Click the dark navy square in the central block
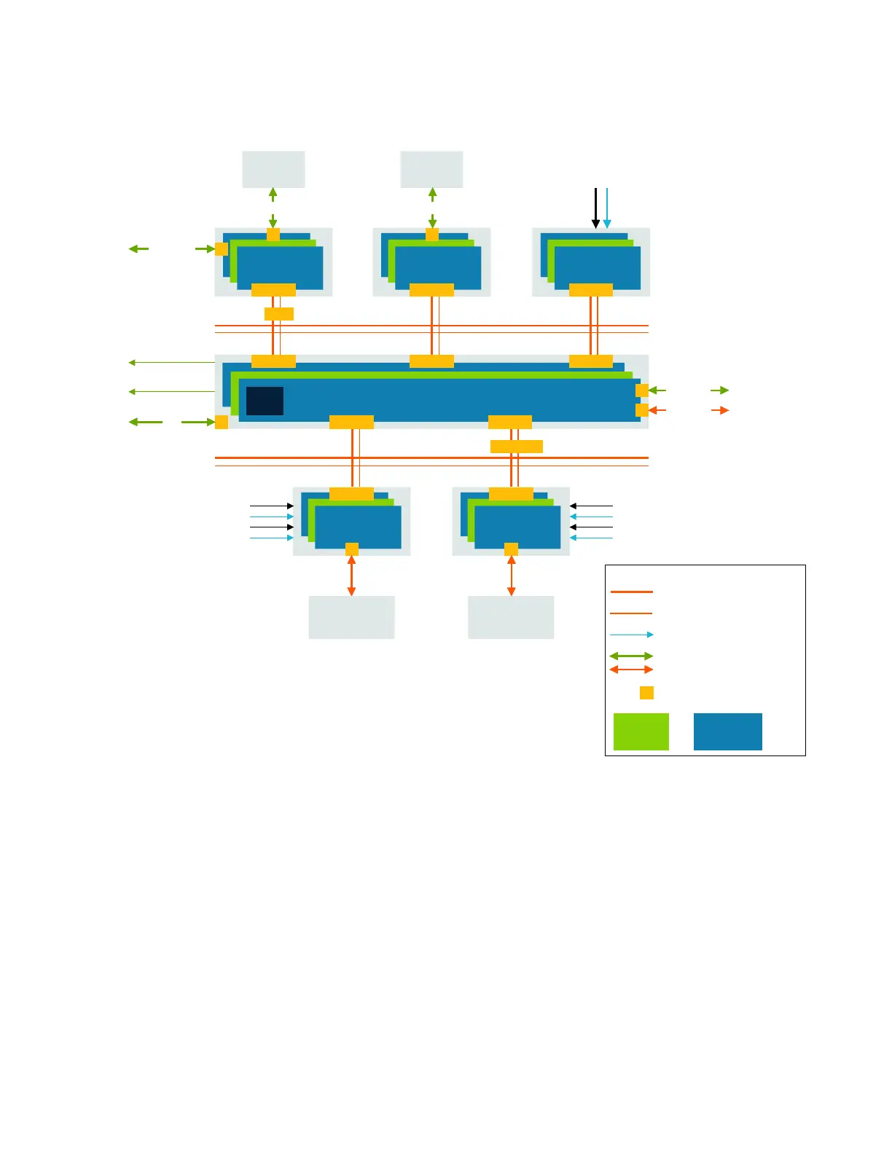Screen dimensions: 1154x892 [x=265, y=401]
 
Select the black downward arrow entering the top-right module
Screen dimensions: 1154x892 [x=595, y=208]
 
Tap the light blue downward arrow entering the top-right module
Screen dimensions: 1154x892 [x=607, y=208]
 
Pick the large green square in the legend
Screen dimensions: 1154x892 [x=641, y=731]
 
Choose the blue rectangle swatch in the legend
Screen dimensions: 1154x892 [x=727, y=731]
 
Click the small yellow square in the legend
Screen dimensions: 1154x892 [x=646, y=693]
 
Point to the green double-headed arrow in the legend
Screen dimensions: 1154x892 [x=631, y=656]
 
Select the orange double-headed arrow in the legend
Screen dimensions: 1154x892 [x=631, y=670]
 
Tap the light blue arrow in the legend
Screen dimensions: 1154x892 [x=631, y=635]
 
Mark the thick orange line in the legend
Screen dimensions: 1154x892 [x=631, y=592]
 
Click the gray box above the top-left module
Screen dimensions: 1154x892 [x=273, y=169]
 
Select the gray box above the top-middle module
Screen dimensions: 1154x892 [x=431, y=169]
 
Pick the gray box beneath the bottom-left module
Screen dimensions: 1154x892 [x=351, y=617]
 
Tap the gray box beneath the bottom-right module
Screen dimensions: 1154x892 [x=511, y=617]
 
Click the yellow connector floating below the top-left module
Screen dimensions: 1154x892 [x=279, y=314]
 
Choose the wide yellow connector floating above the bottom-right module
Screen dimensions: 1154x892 [x=517, y=447]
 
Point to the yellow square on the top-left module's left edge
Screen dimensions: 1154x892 [x=222, y=249]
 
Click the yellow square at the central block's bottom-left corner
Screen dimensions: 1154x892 [x=222, y=422]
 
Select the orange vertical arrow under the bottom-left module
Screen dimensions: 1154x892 [x=351, y=576]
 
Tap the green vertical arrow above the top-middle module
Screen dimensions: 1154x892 [x=432, y=208]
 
